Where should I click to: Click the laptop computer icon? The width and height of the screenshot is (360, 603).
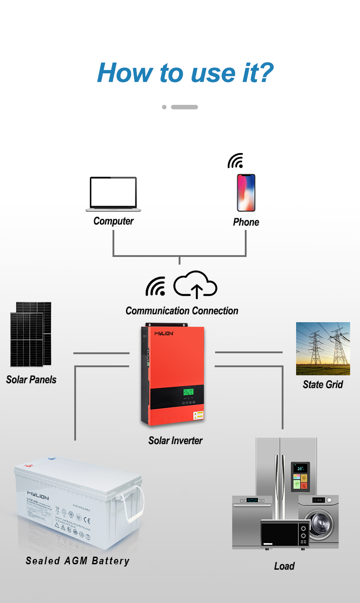tap(113, 194)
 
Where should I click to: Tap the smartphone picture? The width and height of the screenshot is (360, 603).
tap(246, 193)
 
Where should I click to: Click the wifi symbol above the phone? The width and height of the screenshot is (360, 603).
tap(235, 161)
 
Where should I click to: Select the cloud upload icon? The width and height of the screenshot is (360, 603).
tap(195, 285)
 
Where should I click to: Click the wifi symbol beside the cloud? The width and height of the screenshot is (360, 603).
tap(155, 287)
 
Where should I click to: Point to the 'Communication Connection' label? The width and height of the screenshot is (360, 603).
tap(182, 311)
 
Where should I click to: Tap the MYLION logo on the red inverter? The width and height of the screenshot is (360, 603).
tap(164, 333)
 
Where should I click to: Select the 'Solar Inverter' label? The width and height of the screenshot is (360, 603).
tap(175, 441)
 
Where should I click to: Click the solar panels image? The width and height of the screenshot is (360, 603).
tap(31, 334)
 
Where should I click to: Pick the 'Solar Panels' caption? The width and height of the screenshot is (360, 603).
tap(31, 380)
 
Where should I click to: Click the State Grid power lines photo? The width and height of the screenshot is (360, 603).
tap(323, 349)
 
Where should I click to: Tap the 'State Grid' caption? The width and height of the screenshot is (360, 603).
tap(323, 385)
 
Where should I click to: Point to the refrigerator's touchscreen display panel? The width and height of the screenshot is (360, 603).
tap(300, 476)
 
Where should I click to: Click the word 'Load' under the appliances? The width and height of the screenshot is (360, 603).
tap(284, 566)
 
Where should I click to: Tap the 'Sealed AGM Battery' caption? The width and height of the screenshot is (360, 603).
tap(77, 561)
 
